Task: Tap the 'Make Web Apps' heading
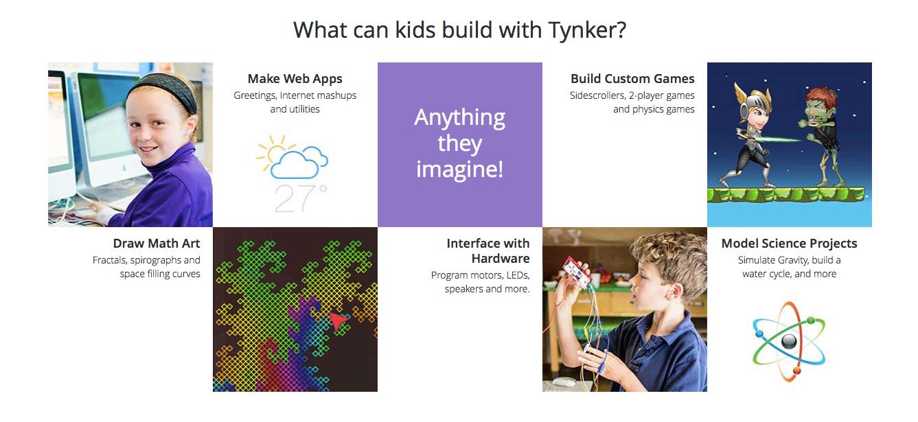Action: pos(295,79)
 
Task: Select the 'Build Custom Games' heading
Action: pos(632,78)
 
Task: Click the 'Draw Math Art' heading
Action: pos(157,244)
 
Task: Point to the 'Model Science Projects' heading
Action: pos(789,244)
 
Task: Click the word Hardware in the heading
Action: pos(501,259)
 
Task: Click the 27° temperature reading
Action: pos(301,199)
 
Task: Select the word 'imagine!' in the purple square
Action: pos(459,169)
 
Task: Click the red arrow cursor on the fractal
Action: pos(338,320)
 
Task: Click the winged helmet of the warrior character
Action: pos(752,97)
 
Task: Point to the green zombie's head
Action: pos(819,106)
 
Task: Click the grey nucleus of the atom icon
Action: pos(788,341)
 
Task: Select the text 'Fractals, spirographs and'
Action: pos(146,260)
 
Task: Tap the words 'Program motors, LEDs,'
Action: pos(481,275)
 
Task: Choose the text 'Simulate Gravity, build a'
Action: pos(790,260)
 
